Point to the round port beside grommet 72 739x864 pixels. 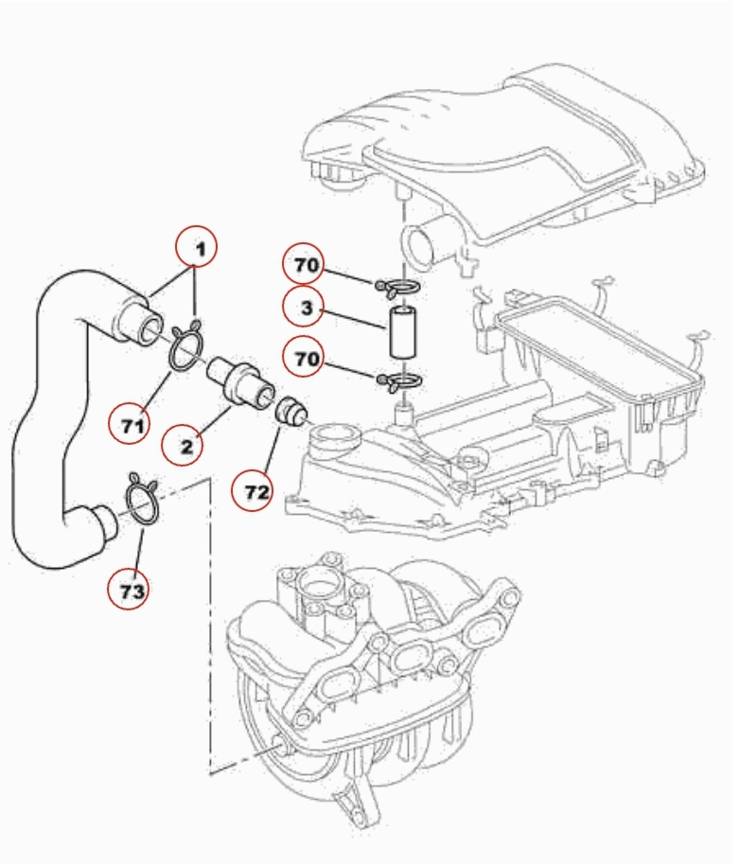click(334, 440)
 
